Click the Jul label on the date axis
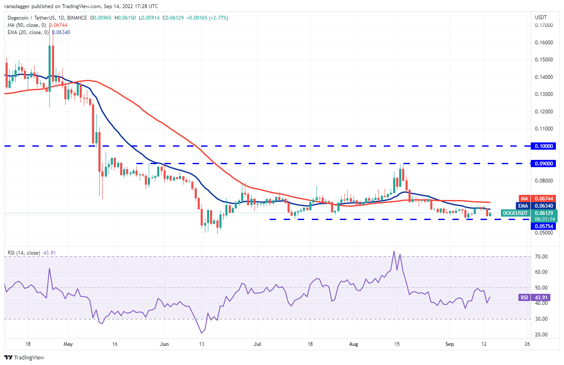click(257, 344)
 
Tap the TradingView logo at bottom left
click(24, 357)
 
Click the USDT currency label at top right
click(541, 17)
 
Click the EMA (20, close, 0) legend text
click(28, 32)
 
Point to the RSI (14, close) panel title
click(24, 253)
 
